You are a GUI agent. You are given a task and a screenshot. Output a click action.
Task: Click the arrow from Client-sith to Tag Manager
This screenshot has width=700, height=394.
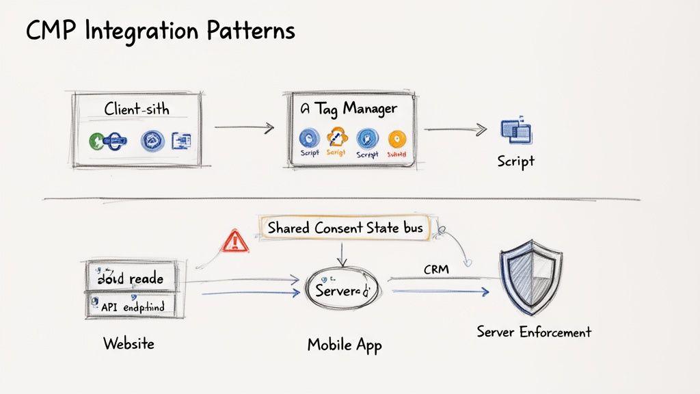pyautogui.click(x=244, y=127)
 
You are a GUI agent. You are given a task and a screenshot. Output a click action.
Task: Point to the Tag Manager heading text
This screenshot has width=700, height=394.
pyautogui.click(x=348, y=108)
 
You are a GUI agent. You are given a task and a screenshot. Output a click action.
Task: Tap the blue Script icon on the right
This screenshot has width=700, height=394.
pyautogui.click(x=515, y=131)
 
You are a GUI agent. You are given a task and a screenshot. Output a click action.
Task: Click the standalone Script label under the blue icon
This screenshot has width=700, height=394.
pyautogui.click(x=515, y=162)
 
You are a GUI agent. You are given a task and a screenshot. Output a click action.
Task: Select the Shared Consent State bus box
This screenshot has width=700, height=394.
pyautogui.click(x=345, y=228)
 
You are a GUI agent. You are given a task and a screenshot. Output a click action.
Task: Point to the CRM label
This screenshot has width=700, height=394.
pyautogui.click(x=436, y=270)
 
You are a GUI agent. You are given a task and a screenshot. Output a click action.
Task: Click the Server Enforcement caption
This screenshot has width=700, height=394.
pyautogui.click(x=533, y=332)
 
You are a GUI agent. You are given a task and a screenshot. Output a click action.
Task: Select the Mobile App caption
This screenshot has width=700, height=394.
pyautogui.click(x=345, y=344)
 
